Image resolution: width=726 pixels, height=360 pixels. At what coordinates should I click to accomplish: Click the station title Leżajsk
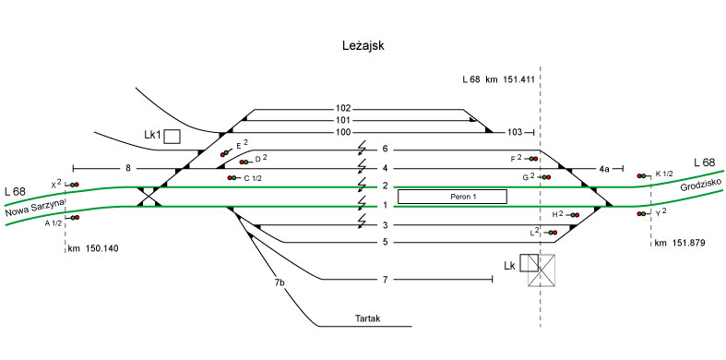[363, 46]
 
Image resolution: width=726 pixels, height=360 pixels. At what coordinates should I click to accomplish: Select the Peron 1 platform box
[452, 197]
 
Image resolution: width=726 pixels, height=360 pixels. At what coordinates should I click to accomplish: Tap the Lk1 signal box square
[173, 137]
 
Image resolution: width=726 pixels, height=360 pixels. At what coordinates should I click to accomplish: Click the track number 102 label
[344, 109]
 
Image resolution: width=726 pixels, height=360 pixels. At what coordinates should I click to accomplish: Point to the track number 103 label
[515, 133]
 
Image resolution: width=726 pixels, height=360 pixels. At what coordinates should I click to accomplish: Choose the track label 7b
[280, 282]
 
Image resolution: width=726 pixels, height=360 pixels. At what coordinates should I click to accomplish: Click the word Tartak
[368, 318]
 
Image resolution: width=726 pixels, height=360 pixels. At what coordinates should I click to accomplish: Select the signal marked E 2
[226, 152]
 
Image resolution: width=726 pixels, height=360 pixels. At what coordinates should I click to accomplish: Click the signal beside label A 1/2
[74, 217]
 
